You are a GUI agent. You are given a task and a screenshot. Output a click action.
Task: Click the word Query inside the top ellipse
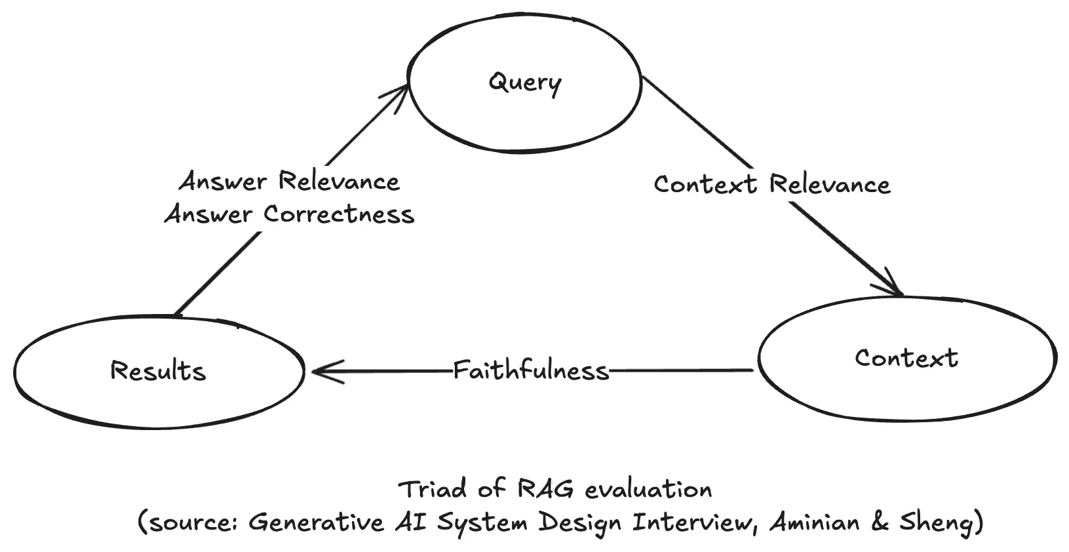524,83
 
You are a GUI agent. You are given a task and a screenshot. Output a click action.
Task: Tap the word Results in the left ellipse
158,371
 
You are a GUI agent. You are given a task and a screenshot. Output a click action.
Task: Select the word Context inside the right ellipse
906,358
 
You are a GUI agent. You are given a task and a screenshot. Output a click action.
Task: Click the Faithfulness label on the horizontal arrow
531,371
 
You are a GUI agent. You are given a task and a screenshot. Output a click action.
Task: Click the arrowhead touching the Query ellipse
401,96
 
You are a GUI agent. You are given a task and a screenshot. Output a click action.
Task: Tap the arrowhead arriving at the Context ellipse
894,286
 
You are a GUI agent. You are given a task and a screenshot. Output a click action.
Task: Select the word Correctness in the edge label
339,214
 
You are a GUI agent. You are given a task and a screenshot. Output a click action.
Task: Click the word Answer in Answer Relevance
223,182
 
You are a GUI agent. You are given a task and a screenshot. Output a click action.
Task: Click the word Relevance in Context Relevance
830,184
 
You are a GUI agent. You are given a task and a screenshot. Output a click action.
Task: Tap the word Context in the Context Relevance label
705,184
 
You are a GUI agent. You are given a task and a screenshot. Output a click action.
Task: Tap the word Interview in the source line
691,522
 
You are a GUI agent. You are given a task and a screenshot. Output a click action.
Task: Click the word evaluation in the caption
648,489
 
